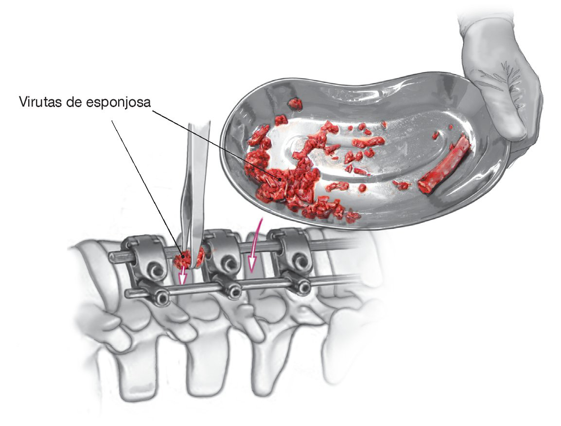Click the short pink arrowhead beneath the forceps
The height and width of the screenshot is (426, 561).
(x=183, y=278)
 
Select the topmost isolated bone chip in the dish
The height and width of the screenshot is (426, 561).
(x=295, y=104)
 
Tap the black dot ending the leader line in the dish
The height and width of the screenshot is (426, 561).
(x=280, y=179)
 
